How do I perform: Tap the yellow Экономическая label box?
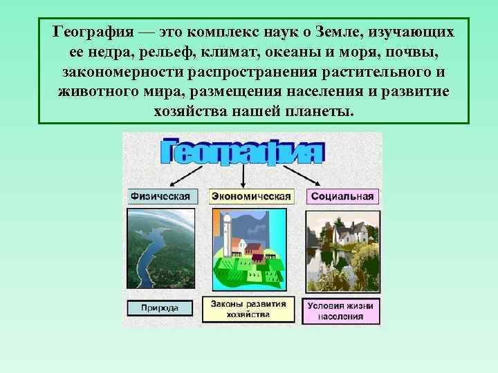tap(251, 196)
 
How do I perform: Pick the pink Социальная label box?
tap(342, 196)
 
